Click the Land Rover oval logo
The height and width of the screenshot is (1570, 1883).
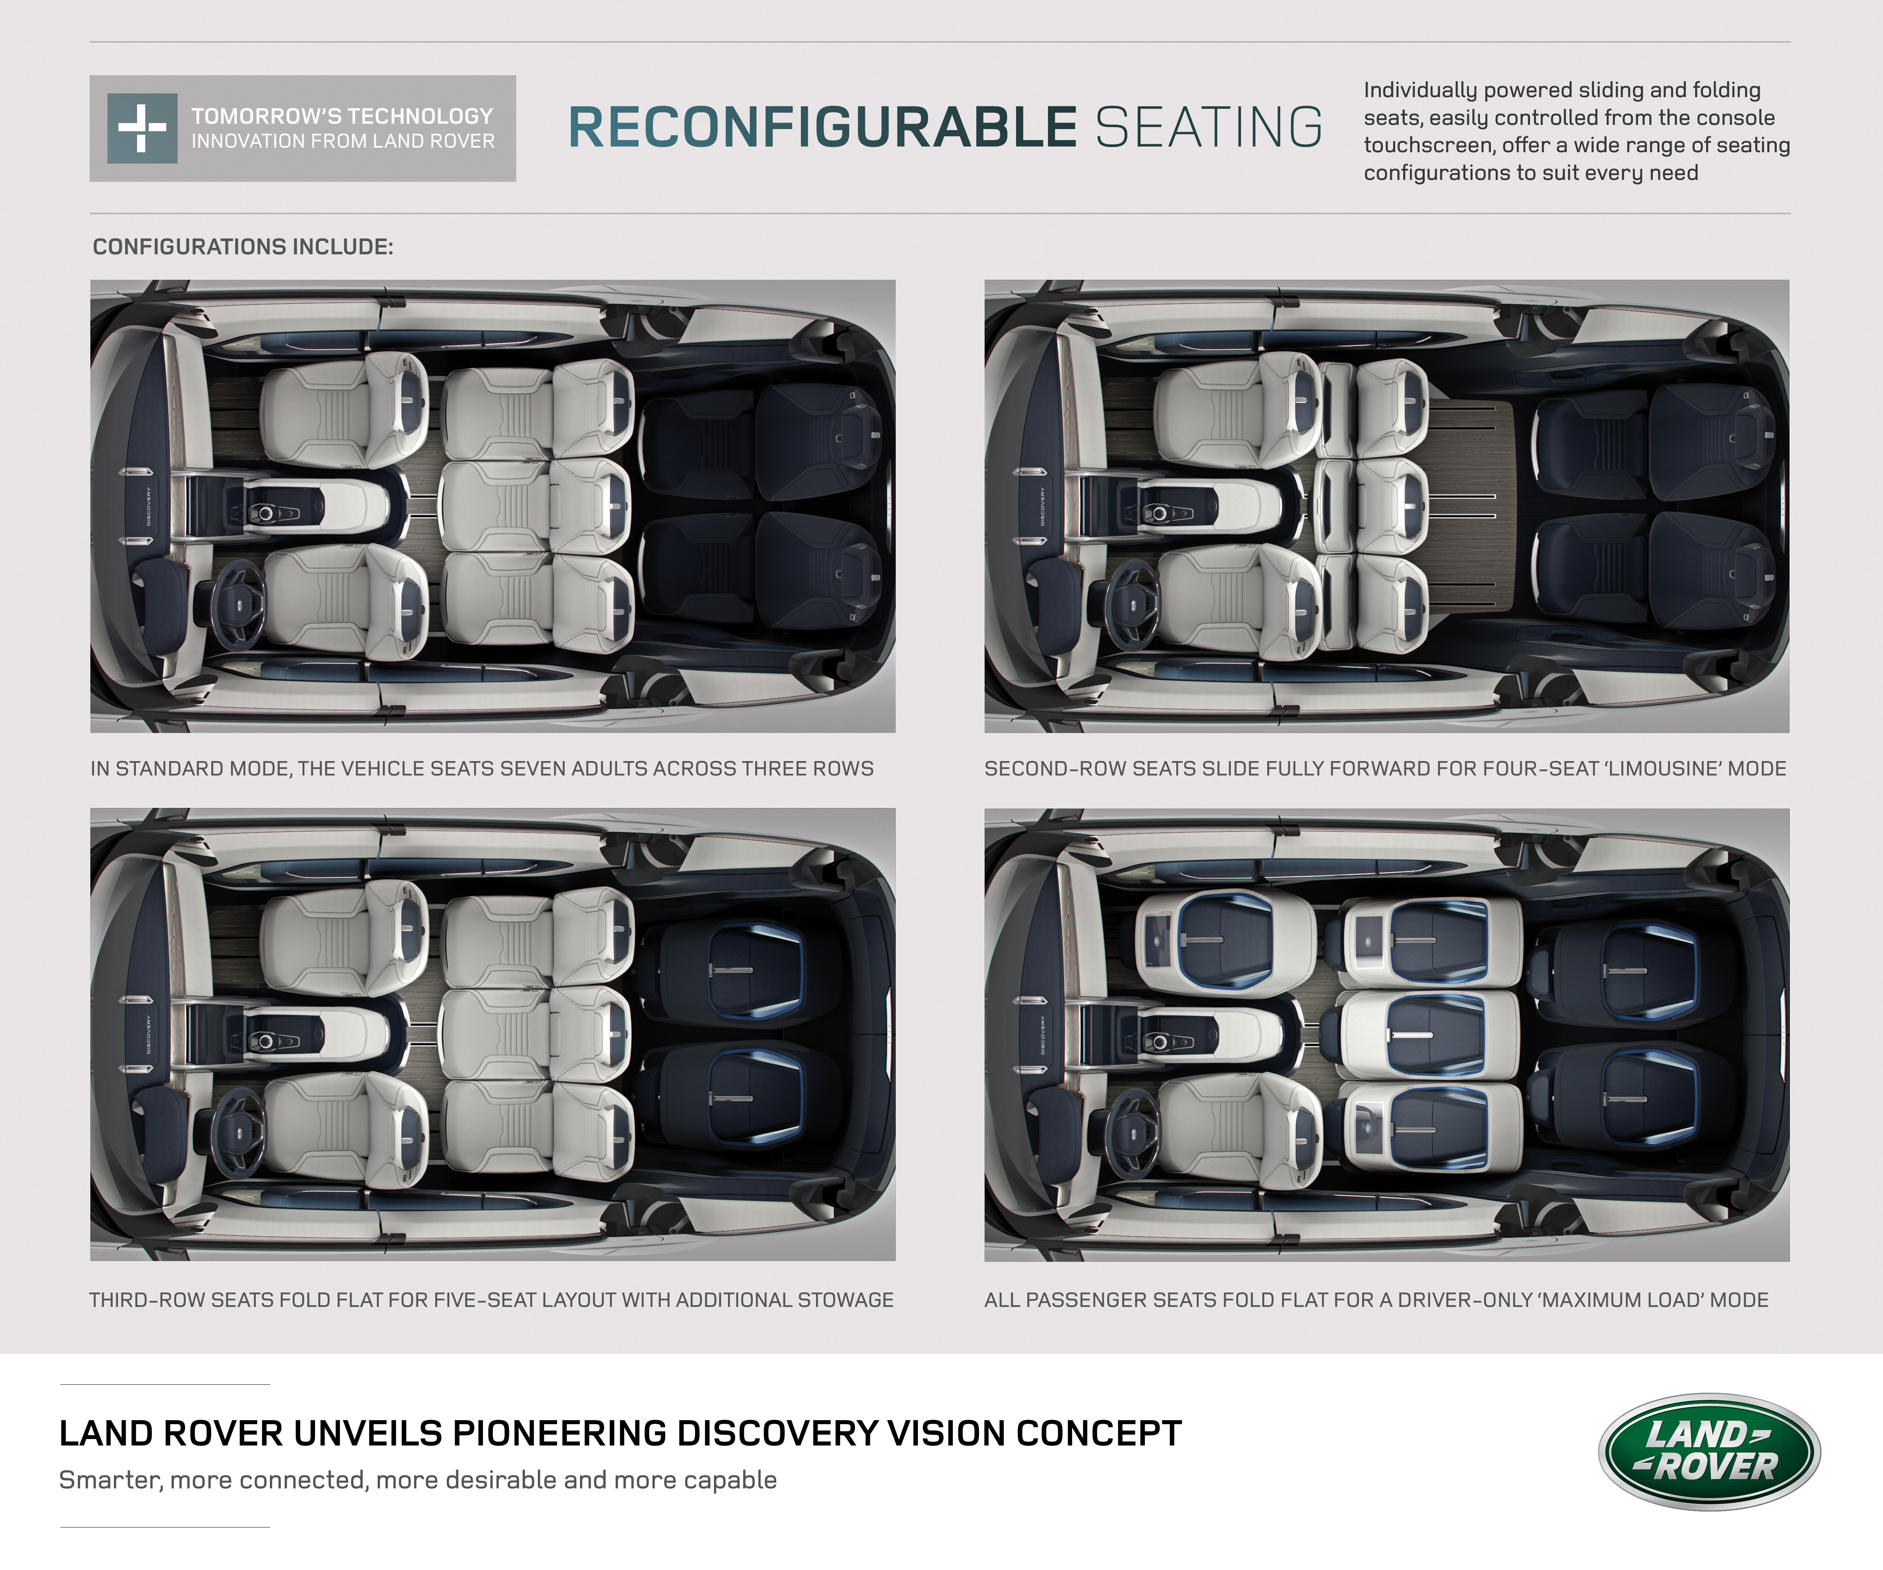(1709, 1451)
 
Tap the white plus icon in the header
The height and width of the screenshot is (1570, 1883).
(142, 128)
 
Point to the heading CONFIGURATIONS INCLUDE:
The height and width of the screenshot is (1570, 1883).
(243, 247)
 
